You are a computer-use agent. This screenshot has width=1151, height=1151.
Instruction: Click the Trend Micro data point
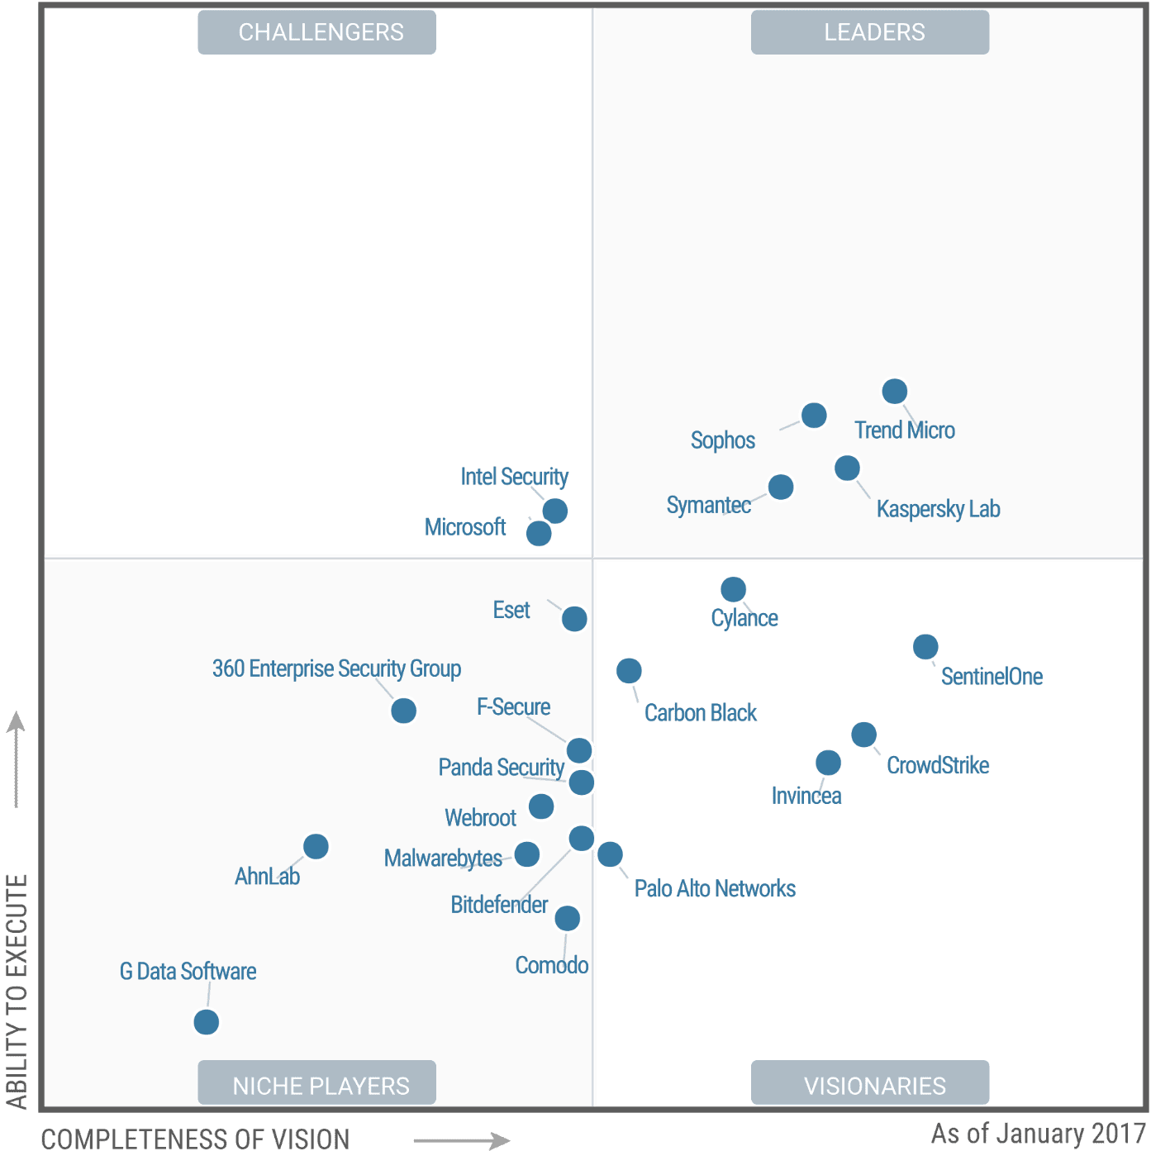pos(894,391)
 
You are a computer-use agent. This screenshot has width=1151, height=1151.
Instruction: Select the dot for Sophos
pos(814,415)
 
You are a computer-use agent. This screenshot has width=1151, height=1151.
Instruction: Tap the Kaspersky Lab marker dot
pos(847,468)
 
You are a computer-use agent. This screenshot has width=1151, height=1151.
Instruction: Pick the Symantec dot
pos(781,488)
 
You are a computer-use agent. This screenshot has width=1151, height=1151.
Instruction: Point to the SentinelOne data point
pos(925,646)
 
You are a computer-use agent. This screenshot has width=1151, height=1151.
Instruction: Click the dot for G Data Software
pos(207,1022)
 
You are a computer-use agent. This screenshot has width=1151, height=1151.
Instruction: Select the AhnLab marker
pos(316,846)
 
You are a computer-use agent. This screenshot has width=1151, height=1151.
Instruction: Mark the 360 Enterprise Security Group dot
pos(403,711)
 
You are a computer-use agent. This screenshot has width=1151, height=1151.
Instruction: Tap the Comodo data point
pos(567,918)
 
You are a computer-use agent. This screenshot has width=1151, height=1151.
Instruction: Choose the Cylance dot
pos(733,589)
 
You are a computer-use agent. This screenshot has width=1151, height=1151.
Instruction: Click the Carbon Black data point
pos(629,671)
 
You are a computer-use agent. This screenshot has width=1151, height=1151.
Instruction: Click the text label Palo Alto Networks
pos(715,889)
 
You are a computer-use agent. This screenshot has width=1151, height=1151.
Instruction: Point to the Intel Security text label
pos(514,477)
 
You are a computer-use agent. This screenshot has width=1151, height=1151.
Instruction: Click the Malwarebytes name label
pos(443,858)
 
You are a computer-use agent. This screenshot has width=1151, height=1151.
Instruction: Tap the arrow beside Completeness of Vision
pos(463,1140)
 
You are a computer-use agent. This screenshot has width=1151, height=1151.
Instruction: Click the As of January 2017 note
pos(1037,1133)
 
